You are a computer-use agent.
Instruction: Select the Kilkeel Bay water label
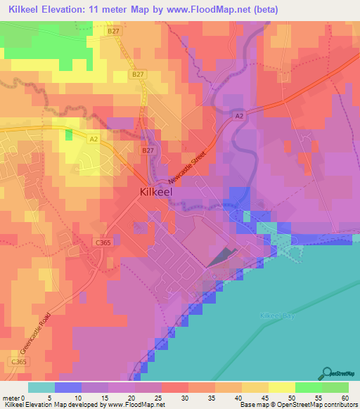tap(278, 316)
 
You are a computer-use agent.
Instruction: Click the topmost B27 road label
tap(114, 31)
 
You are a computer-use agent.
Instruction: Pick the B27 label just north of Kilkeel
tap(147, 150)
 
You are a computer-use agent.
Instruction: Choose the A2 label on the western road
tap(94, 140)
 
